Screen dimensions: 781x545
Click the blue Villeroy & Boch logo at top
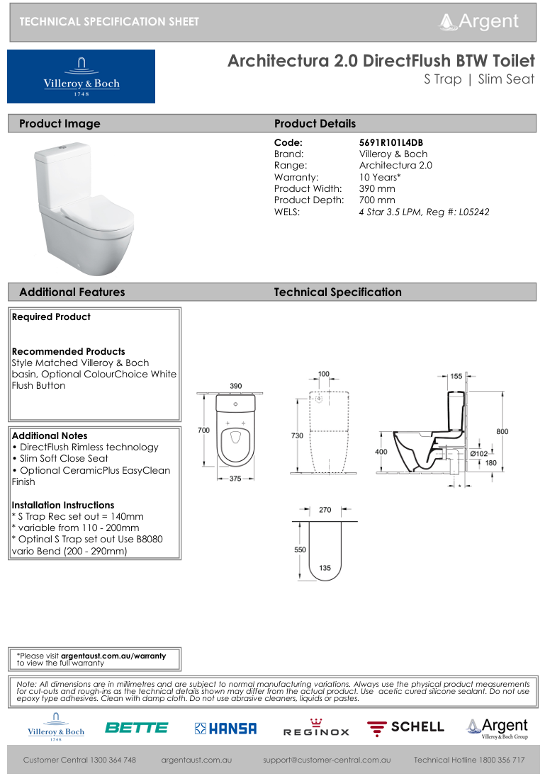[81, 76]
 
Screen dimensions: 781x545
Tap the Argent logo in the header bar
[478, 21]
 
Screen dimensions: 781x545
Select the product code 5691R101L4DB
[391, 142]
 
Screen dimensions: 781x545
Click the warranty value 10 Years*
[380, 177]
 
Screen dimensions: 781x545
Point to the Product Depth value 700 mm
[377, 200]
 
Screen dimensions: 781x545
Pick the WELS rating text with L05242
[424, 212]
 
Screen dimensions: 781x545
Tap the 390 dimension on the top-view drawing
[236, 386]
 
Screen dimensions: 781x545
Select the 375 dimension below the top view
[235, 479]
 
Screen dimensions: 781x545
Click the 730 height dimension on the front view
[297, 435]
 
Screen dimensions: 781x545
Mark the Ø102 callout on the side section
[479, 453]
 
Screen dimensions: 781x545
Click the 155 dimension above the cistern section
[456, 377]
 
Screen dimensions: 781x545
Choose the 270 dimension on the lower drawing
[325, 509]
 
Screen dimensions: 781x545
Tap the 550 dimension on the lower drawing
[300, 549]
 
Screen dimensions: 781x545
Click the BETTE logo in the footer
[136, 727]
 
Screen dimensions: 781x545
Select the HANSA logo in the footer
[225, 728]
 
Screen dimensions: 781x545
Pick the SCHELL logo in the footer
[405, 727]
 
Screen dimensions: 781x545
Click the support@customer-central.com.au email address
[327, 760]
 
